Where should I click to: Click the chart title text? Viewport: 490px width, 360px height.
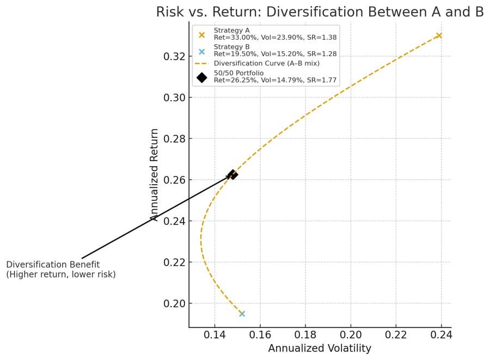320,12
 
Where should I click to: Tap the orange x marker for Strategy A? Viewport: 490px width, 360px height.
439,35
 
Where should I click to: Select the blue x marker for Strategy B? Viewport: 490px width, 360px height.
242,313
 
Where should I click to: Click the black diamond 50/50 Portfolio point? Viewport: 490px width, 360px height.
233,175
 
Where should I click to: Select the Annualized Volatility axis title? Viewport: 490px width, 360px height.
320,349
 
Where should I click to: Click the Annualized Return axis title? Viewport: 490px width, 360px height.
155,174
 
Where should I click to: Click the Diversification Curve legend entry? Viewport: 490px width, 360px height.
266,64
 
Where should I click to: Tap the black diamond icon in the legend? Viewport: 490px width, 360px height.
202,77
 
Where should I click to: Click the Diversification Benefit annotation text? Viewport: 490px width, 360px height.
61,269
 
